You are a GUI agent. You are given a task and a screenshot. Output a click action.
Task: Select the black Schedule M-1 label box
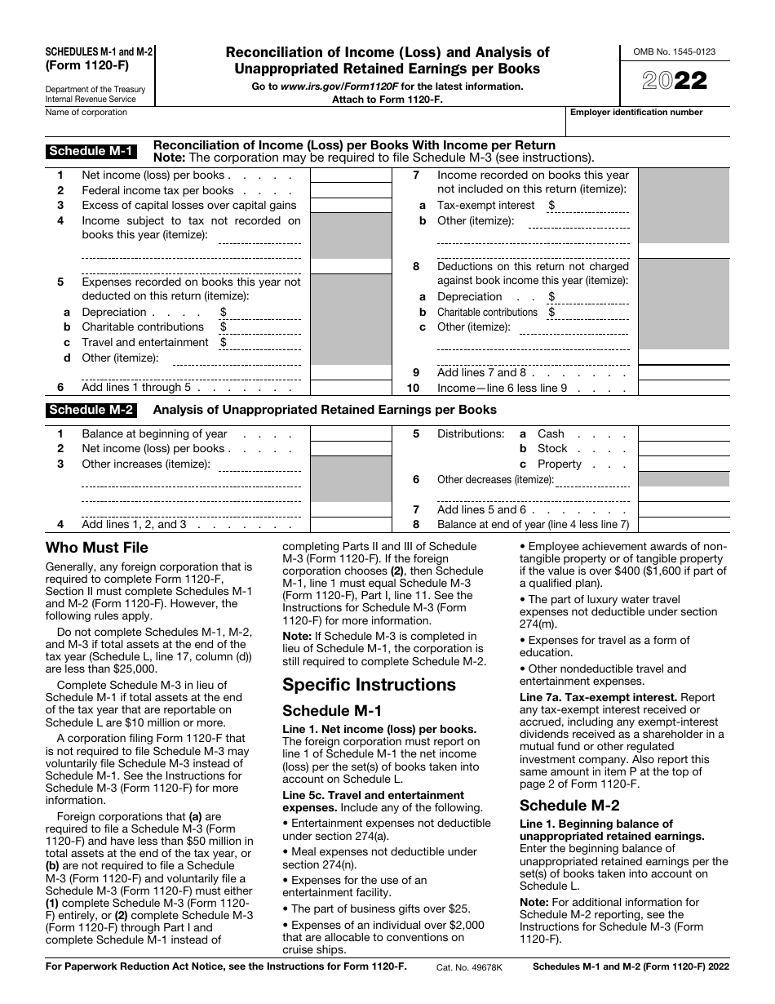(x=91, y=150)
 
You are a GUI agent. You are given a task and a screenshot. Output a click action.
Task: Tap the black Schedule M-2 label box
(x=91, y=410)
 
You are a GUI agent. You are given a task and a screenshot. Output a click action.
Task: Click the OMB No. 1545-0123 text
(x=675, y=52)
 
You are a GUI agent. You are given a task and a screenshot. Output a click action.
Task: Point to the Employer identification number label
(x=635, y=113)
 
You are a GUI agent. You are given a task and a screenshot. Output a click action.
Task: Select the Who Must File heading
(x=97, y=548)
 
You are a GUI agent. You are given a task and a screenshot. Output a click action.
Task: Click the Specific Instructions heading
(x=369, y=684)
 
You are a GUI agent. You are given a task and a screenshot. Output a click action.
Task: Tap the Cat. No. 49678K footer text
(x=470, y=966)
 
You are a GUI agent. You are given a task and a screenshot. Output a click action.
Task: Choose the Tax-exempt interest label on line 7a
(x=486, y=206)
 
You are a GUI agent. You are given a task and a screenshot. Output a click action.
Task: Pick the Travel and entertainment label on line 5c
(x=145, y=343)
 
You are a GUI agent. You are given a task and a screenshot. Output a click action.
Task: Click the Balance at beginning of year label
(x=154, y=434)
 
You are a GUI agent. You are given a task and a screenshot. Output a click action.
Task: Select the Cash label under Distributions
(x=551, y=434)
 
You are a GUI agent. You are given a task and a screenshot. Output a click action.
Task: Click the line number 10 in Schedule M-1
(x=414, y=389)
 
